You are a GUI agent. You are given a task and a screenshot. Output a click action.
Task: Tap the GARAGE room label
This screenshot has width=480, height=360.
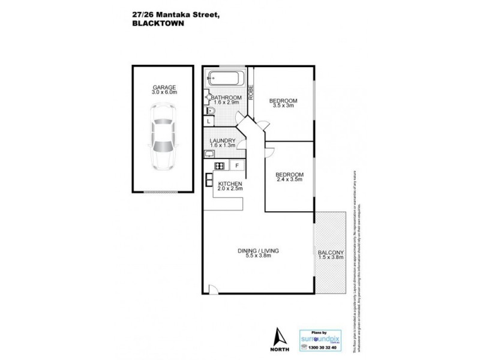tap(164, 88)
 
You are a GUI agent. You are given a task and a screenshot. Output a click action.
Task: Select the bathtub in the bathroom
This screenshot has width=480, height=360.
tap(226, 79)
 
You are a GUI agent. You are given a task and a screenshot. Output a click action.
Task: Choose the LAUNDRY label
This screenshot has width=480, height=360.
tap(223, 141)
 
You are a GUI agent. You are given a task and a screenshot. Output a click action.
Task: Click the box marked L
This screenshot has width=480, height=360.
tap(208, 121)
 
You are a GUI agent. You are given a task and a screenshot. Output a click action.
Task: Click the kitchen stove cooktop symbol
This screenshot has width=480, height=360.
tap(220, 166)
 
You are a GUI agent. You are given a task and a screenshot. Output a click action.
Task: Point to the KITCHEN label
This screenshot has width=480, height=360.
tap(230, 184)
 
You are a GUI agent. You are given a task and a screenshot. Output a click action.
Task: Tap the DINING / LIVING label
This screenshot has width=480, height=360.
tap(259, 250)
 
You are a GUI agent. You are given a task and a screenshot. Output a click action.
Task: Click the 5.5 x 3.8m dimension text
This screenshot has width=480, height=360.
tap(259, 256)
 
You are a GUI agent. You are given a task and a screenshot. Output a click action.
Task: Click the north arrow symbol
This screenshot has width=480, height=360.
tap(277, 338)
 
